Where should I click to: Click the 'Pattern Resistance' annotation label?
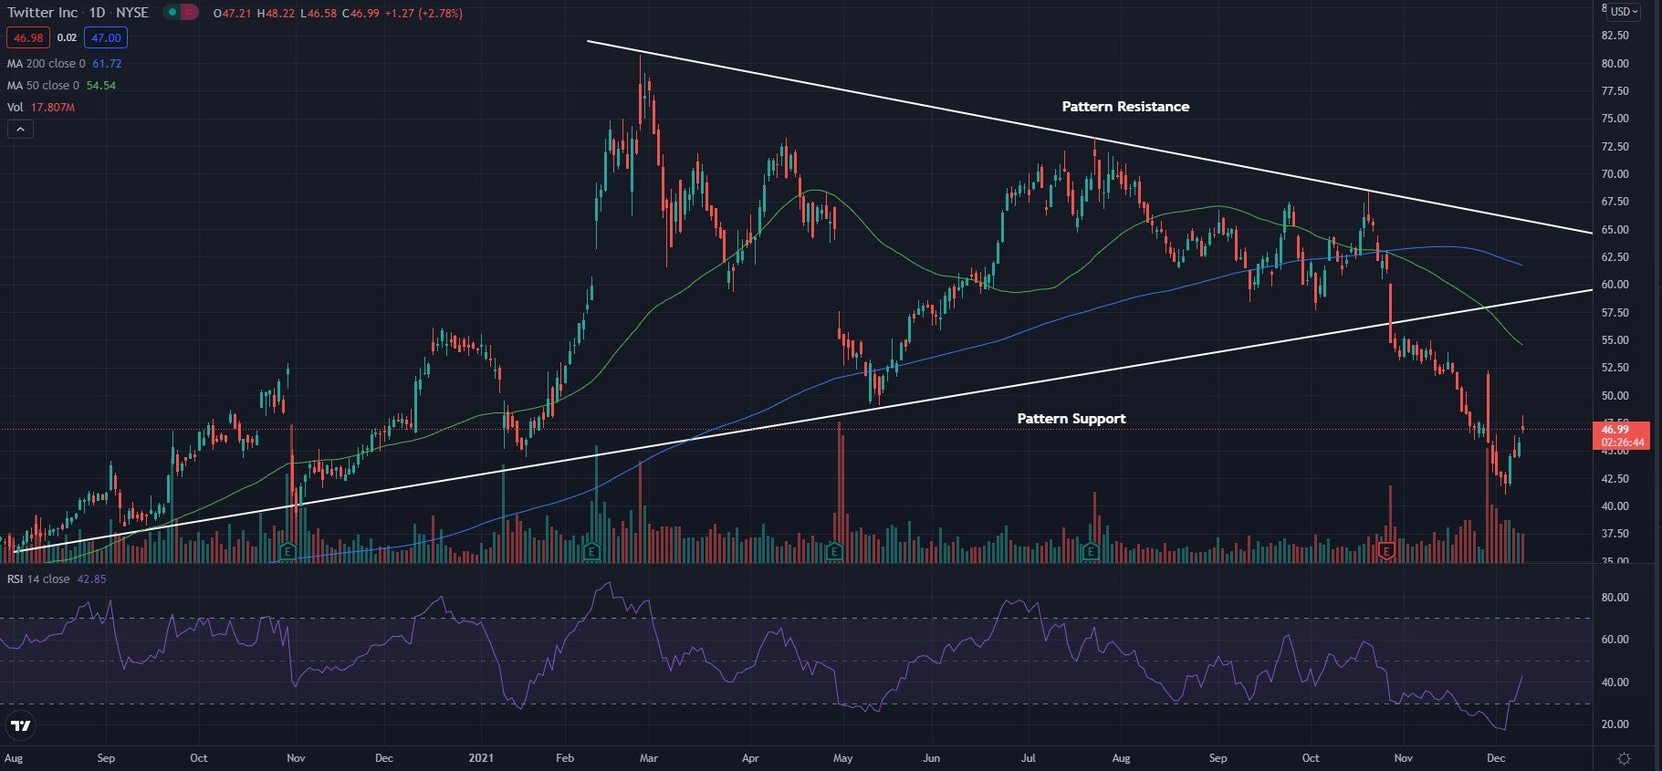tap(1124, 107)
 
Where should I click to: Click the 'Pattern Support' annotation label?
tap(1071, 419)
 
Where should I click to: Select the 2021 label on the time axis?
tap(480, 758)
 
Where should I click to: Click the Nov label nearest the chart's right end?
tap(1404, 758)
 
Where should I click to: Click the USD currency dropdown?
tap(1624, 12)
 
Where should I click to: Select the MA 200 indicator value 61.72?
tap(107, 64)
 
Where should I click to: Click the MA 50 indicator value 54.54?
tap(100, 86)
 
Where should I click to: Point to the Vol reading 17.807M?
tap(53, 108)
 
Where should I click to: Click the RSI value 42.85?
tap(91, 579)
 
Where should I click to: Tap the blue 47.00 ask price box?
tap(106, 37)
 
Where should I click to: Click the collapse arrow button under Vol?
tap(20, 130)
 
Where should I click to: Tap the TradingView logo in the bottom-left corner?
tap(20, 726)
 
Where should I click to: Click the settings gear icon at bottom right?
tap(1624, 758)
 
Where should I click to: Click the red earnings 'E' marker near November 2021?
tap(1387, 551)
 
